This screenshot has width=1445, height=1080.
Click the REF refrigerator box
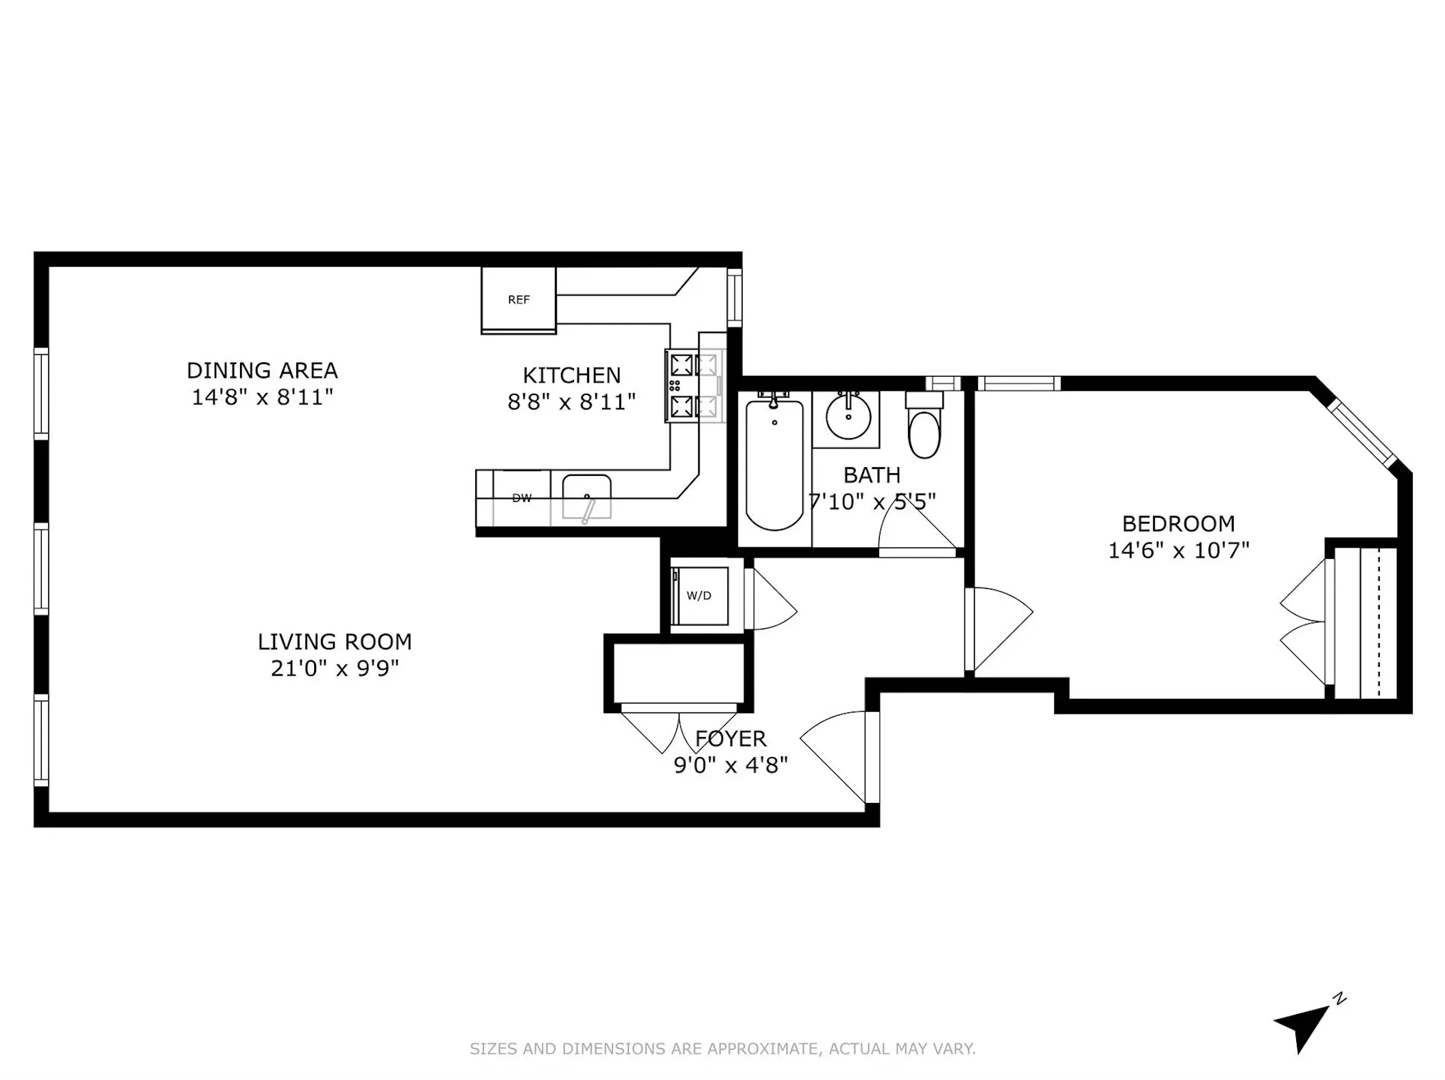click(518, 300)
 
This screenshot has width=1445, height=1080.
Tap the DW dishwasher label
click(522, 499)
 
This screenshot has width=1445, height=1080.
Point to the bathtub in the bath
click(774, 466)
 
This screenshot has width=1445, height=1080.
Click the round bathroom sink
click(848, 416)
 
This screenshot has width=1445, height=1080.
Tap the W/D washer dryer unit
click(700, 595)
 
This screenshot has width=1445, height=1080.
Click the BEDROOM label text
click(1178, 524)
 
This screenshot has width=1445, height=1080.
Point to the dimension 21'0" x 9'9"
click(335, 668)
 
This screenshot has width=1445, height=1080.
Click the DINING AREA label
click(262, 371)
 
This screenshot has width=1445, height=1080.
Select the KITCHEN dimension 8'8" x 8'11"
click(571, 402)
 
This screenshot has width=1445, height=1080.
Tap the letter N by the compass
click(1339, 1018)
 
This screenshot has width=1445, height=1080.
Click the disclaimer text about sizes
click(722, 1048)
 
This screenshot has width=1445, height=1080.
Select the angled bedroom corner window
click(1362, 433)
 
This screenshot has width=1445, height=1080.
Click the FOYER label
click(730, 739)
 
